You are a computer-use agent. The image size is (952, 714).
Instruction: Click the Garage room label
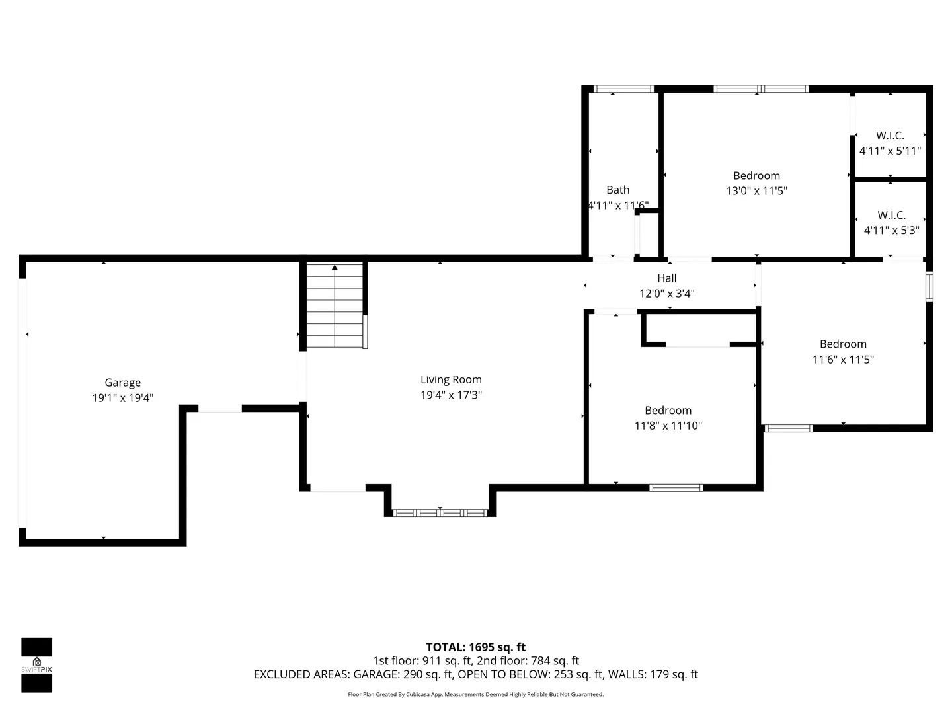point(123,383)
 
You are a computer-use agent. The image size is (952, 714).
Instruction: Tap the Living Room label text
point(451,379)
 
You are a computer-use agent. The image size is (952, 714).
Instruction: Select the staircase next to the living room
point(335,305)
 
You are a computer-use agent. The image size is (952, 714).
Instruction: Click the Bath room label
point(617,190)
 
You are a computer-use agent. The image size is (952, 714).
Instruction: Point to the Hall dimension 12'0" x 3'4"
point(666,294)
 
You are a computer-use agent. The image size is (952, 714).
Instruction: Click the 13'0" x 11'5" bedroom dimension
point(756,191)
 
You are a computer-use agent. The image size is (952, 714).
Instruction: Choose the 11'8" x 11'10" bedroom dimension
point(668,426)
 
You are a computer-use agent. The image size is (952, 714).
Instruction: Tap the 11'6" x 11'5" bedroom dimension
point(843,360)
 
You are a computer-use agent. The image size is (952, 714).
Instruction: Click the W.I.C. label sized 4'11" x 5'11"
point(890,136)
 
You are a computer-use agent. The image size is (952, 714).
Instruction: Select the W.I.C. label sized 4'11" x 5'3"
point(891,215)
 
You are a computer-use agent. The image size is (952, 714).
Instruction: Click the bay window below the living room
point(440,513)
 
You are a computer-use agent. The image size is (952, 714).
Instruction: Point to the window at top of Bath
point(623,89)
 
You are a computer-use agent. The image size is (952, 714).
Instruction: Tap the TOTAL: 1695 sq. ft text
point(475,647)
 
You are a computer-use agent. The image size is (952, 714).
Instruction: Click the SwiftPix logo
point(37,665)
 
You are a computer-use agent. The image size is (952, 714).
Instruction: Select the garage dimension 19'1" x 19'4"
point(123,398)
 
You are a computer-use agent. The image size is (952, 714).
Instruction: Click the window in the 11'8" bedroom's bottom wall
point(676,488)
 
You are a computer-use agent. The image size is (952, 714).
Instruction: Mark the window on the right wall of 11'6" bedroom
point(929,286)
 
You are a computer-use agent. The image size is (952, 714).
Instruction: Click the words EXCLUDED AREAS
point(301,674)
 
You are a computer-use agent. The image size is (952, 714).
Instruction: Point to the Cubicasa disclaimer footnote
point(475,694)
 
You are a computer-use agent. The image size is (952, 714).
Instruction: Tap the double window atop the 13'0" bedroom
point(761,89)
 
